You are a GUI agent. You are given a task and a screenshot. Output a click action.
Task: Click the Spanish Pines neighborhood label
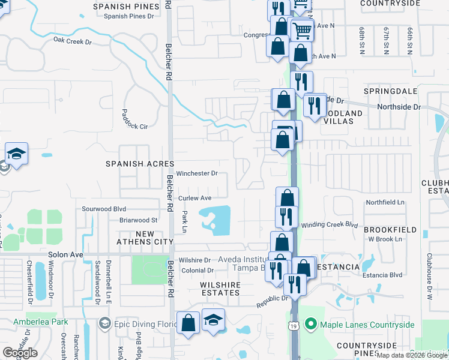click(x=127, y=7)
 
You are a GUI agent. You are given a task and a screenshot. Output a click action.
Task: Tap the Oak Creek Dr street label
click(x=72, y=41)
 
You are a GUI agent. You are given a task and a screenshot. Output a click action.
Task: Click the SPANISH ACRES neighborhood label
click(x=140, y=164)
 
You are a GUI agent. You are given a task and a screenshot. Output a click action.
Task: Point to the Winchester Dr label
click(x=196, y=173)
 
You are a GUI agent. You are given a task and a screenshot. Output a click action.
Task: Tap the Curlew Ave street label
click(x=194, y=198)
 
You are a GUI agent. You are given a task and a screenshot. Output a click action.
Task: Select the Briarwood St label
click(x=138, y=220)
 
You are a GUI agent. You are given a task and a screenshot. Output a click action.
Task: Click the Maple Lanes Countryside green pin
click(x=311, y=325)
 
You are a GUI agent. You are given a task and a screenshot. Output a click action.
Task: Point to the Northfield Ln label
click(x=385, y=203)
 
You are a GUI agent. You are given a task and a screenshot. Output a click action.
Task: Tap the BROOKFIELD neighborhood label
click(x=390, y=230)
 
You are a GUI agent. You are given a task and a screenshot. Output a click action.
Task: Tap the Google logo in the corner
click(x=20, y=353)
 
